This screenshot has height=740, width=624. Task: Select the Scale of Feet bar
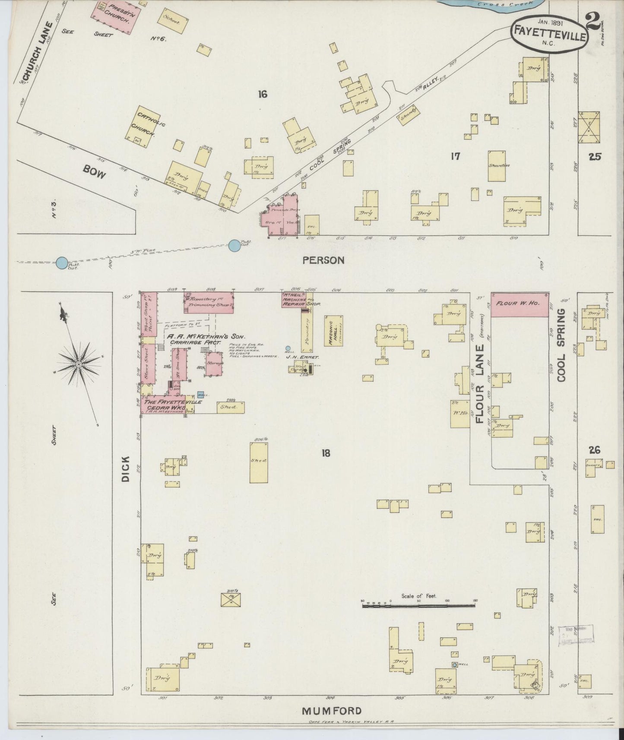418,606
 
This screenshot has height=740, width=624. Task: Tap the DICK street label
126,467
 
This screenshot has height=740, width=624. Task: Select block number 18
326,453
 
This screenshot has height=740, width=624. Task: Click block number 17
455,156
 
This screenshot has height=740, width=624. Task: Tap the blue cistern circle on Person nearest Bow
234,246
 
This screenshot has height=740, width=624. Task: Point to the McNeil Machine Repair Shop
295,299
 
